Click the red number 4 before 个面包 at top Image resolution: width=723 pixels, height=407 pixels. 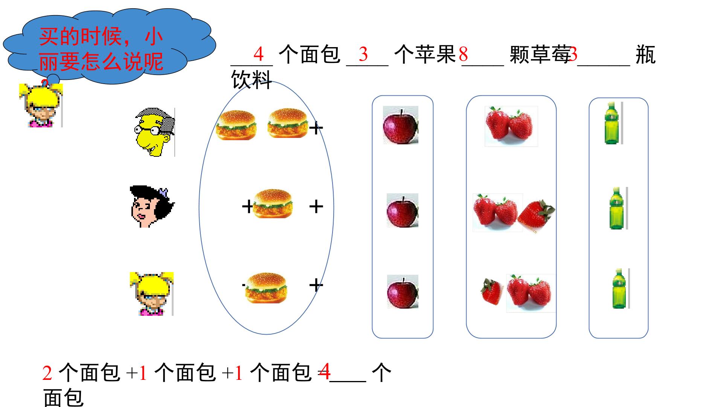258,54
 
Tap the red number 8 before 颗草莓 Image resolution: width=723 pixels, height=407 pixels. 463,54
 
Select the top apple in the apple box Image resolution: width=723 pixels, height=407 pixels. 401,125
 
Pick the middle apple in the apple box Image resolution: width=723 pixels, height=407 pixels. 403,210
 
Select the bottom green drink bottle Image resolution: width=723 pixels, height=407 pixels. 619,288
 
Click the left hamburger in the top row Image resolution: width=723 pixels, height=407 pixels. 236,125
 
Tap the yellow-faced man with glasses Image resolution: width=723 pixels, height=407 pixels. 154,132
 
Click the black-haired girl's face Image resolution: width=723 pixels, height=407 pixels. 152,207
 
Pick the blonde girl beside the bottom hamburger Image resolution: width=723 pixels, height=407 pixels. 152,294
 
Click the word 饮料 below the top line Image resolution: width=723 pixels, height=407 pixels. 251,80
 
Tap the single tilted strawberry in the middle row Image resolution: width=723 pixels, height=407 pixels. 536,216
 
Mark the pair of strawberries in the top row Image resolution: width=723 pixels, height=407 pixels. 511,126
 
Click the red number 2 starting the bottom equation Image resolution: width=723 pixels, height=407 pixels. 47,373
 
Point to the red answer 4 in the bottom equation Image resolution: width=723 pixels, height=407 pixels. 324,371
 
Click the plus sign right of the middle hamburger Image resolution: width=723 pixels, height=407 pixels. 316,207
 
